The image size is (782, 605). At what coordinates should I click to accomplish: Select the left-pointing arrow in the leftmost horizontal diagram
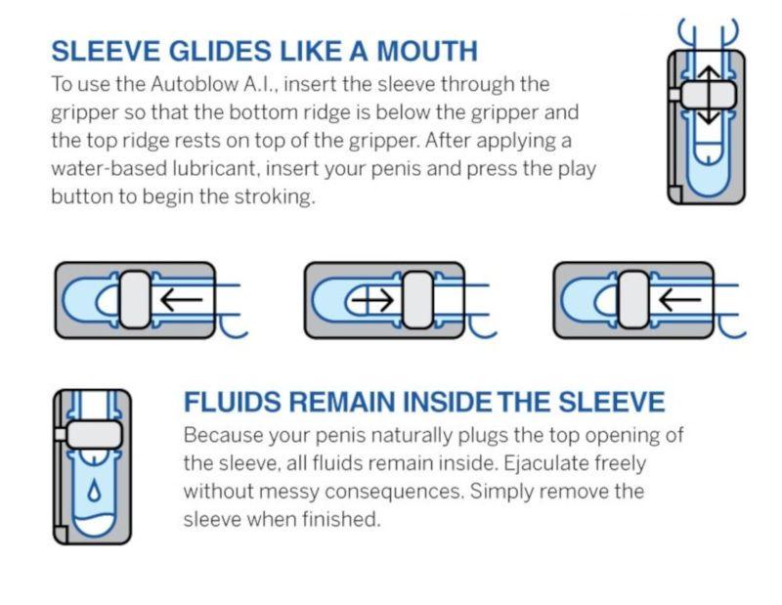coord(180,300)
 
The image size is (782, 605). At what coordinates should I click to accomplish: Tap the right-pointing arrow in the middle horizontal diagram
coord(376,300)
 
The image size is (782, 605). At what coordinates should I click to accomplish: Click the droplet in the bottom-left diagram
coord(94,491)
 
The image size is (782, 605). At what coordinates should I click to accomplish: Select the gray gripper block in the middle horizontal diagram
coord(416,300)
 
